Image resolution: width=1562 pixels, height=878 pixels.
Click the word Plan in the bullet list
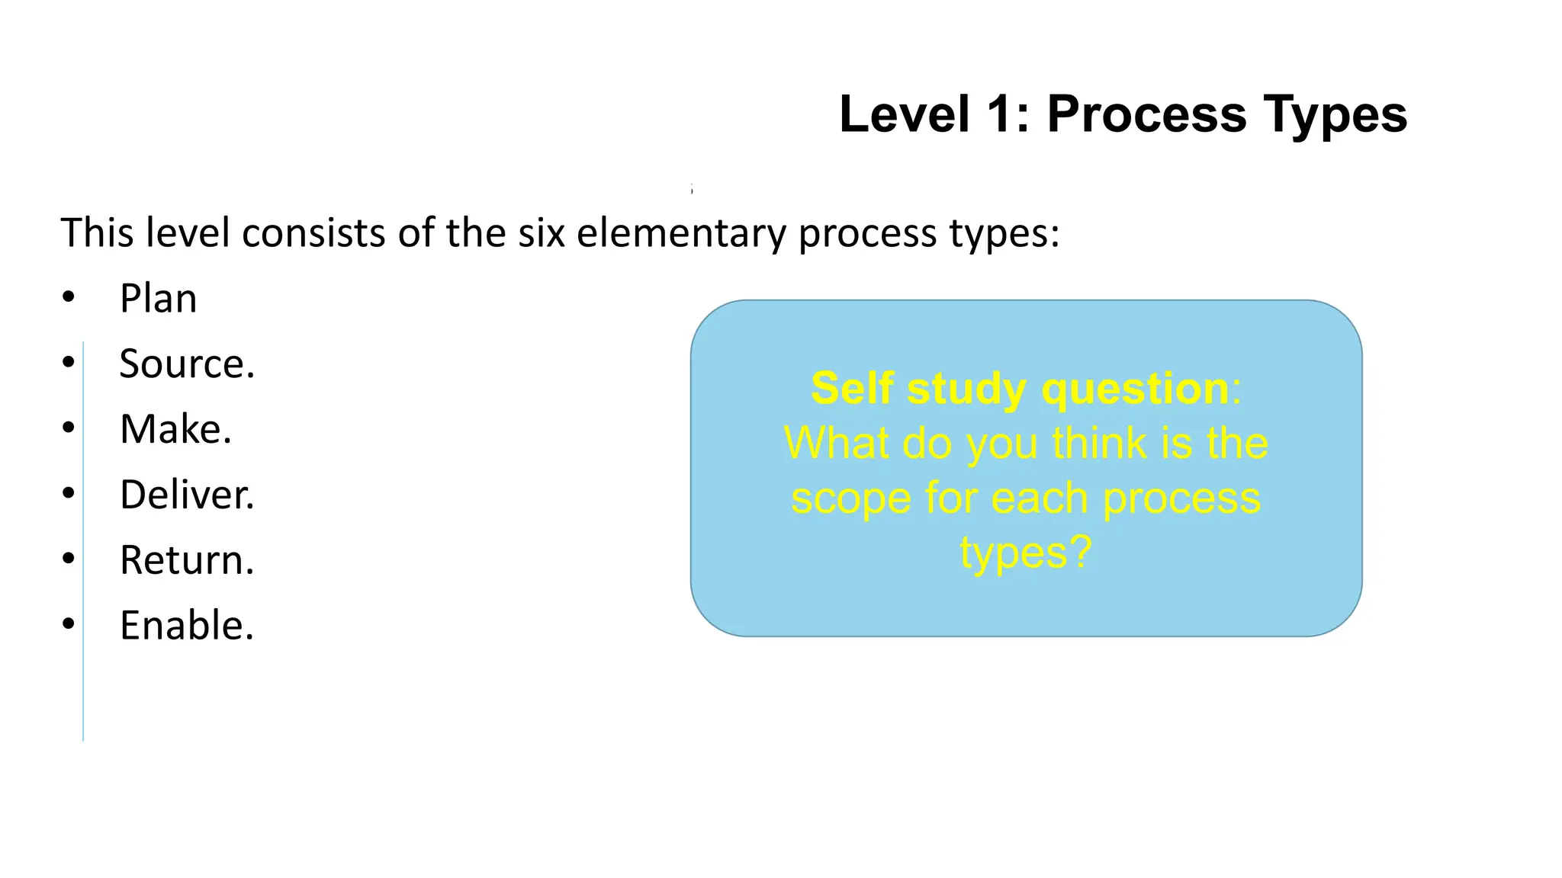(158, 298)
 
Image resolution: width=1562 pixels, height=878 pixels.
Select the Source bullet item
(187, 364)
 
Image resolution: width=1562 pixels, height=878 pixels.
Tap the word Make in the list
(175, 429)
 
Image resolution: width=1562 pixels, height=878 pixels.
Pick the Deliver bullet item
(187, 495)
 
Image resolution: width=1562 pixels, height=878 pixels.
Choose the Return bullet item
(187, 560)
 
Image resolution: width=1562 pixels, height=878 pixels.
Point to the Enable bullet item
(187, 626)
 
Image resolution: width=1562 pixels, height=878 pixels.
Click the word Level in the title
(905, 114)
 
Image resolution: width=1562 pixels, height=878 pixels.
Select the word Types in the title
(1335, 114)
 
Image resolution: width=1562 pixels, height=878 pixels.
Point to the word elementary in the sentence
(681, 234)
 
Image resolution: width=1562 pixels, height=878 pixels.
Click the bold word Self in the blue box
(852, 389)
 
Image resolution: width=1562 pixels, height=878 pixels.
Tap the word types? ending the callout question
(1026, 554)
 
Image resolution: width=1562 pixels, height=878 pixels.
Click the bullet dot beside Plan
(69, 297)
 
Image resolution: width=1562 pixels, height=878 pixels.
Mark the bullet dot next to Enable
(69, 624)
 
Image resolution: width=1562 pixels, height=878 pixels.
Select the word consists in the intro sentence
(314, 232)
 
